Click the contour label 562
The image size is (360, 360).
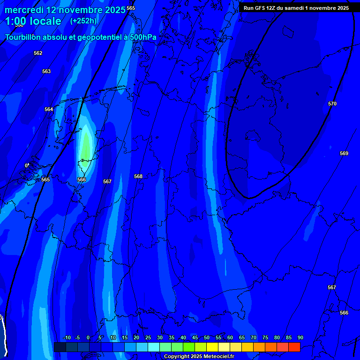point(38,53)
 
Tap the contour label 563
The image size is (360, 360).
point(46,71)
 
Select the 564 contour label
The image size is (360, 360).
point(49,109)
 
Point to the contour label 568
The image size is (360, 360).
point(138,176)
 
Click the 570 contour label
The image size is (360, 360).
point(332,104)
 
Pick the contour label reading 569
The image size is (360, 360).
point(344,153)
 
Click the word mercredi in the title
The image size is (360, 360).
point(23,10)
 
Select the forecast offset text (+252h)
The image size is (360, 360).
point(83,21)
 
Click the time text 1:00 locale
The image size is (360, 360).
point(33,21)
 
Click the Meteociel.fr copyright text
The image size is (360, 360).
point(199,357)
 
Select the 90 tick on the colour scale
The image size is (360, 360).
point(300,337)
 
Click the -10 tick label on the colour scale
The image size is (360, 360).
point(67,337)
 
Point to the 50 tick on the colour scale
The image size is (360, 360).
point(207,337)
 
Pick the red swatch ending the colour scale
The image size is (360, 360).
point(294,347)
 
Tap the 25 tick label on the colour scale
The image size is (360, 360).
point(148,337)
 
